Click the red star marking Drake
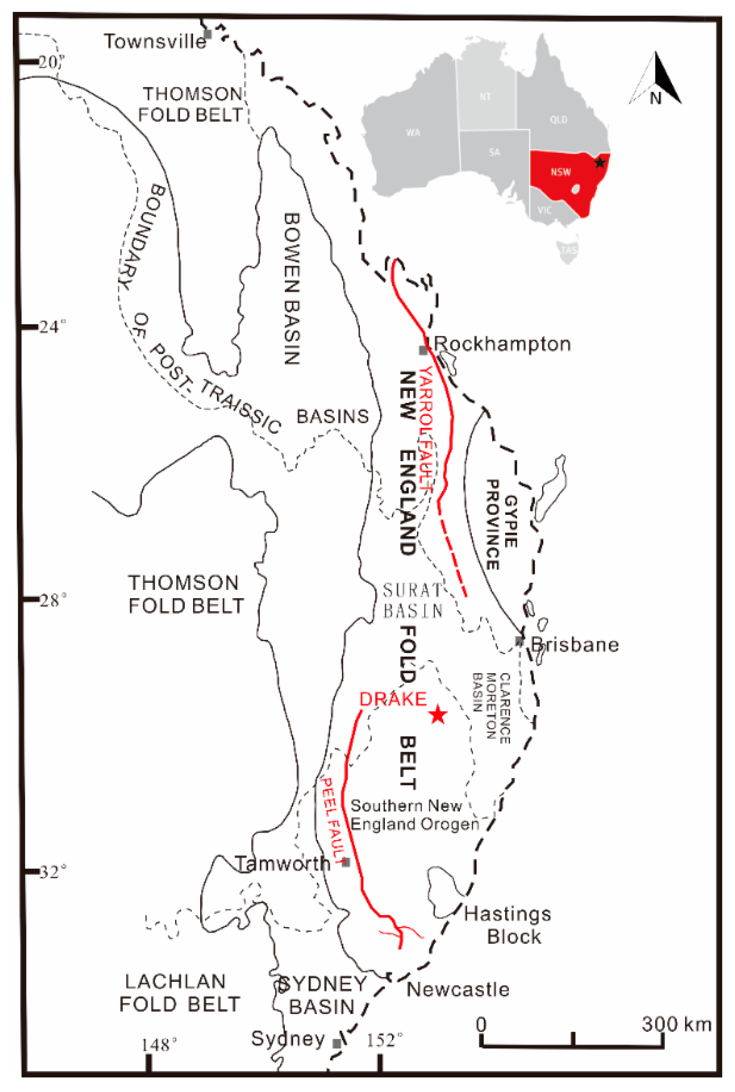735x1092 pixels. pyautogui.click(x=438, y=714)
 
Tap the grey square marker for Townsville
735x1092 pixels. pyautogui.click(x=208, y=34)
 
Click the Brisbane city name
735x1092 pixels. pyautogui.click(x=575, y=645)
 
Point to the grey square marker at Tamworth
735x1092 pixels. pyautogui.click(x=346, y=862)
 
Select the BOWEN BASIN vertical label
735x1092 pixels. pyautogui.click(x=292, y=289)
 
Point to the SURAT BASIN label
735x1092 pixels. pyautogui.click(x=413, y=600)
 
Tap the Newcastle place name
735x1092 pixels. pyautogui.click(x=458, y=989)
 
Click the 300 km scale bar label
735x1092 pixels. pyautogui.click(x=676, y=1024)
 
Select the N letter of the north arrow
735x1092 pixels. pyautogui.click(x=655, y=98)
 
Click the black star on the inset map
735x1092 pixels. pyautogui.click(x=600, y=162)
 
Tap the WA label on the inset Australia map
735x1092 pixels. pyautogui.click(x=413, y=132)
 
